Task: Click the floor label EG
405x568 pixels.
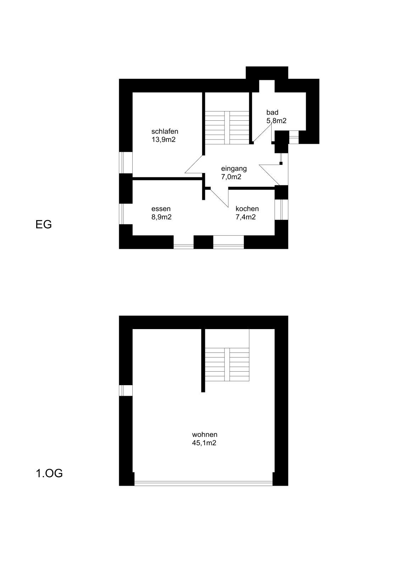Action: (x=44, y=224)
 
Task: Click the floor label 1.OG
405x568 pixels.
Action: (x=49, y=474)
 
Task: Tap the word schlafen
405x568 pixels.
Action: (x=165, y=131)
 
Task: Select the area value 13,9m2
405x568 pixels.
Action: (x=163, y=140)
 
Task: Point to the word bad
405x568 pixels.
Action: (x=272, y=112)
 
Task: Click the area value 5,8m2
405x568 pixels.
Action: (x=276, y=121)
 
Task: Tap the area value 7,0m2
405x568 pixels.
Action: (x=231, y=177)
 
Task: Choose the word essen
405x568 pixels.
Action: (x=161, y=209)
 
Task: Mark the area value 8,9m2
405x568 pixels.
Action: (x=161, y=217)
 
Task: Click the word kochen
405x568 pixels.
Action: (x=247, y=209)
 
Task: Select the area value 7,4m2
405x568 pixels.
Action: (x=245, y=217)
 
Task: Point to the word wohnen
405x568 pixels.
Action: (x=204, y=435)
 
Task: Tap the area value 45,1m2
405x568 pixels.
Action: (x=204, y=443)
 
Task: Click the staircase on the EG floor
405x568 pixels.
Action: (x=227, y=128)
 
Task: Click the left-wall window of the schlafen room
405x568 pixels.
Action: (x=126, y=163)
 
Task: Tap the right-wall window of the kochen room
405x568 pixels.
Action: (x=281, y=209)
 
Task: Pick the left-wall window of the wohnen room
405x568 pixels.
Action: (x=126, y=390)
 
